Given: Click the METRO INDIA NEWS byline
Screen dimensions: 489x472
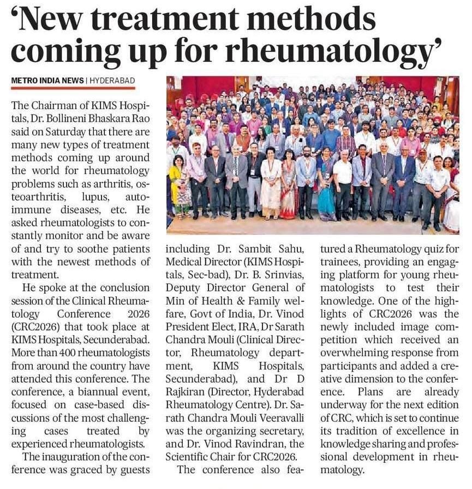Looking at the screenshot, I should [x=48, y=81].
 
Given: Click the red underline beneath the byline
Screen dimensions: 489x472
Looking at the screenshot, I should [x=73, y=88].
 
